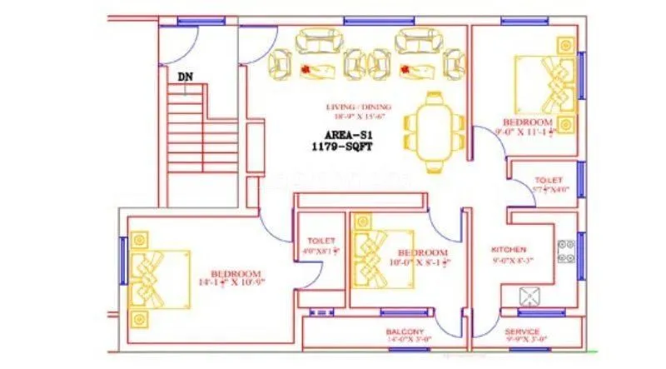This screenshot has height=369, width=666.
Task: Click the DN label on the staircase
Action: coord(185,77)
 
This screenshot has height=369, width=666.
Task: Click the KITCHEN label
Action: coord(509,249)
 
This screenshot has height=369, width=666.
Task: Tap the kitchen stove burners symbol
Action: coord(566,247)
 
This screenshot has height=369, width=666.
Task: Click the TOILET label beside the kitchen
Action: coord(549,180)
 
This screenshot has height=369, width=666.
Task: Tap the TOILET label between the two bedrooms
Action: coord(321,240)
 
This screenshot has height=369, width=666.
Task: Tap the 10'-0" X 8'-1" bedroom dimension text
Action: coord(422,262)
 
